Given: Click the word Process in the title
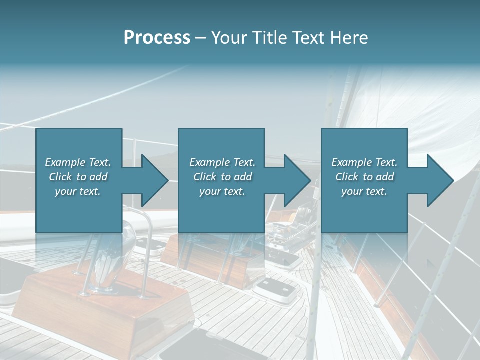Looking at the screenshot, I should [157, 37].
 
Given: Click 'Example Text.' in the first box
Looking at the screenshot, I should [78, 162].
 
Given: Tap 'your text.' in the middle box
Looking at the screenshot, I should [222, 191].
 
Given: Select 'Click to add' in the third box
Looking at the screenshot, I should [364, 177].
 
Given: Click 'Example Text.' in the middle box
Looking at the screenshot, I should [222, 162].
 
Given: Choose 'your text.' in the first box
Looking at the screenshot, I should [78, 191].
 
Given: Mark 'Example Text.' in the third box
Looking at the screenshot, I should [364, 162].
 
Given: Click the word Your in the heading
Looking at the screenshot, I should [230, 37].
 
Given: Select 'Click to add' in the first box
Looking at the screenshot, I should [78, 177].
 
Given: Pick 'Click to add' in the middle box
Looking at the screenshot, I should [222, 177].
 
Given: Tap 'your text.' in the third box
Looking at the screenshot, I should [364, 191].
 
